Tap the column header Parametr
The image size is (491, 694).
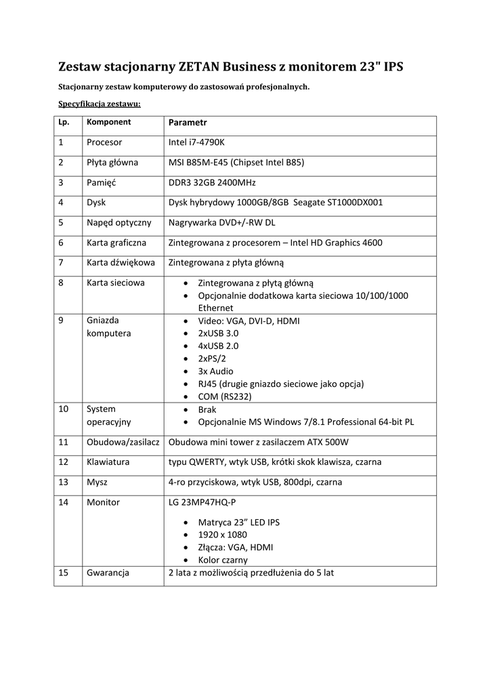[188, 123]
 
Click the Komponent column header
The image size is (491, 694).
[108, 123]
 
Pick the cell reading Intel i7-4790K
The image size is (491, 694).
[200, 142]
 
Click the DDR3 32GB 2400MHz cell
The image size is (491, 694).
[212, 182]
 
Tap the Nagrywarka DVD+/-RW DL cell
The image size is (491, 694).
[221, 222]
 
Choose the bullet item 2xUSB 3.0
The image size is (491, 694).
[218, 333]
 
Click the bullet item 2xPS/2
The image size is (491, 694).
[214, 359]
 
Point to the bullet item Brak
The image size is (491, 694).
[207, 410]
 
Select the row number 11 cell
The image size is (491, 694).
[64, 443]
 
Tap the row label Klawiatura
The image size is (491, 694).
[108, 462]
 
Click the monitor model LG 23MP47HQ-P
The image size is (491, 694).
[202, 502]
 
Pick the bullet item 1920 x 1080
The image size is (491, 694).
[223, 535]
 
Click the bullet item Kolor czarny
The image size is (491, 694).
[223, 560]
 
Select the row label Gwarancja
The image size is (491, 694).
[108, 573]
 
